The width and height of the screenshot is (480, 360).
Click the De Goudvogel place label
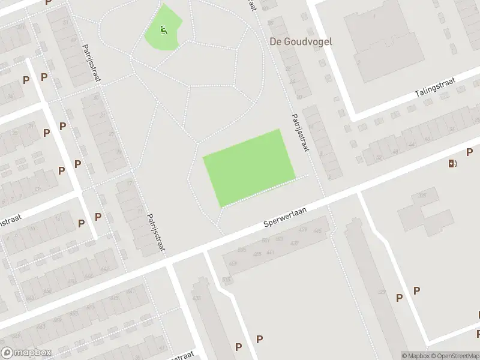click(301, 42)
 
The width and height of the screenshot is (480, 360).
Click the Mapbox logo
click(26, 353)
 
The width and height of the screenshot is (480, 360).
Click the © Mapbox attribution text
click(415, 356)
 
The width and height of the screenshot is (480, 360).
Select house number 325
click(422, 195)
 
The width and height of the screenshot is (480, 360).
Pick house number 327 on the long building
click(382, 292)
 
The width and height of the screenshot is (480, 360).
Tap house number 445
click(317, 231)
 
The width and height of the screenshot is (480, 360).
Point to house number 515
click(226, 279)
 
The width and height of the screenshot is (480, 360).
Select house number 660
click(29, 298)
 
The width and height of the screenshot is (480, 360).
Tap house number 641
click(130, 292)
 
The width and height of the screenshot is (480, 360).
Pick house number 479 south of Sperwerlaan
click(302, 229)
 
